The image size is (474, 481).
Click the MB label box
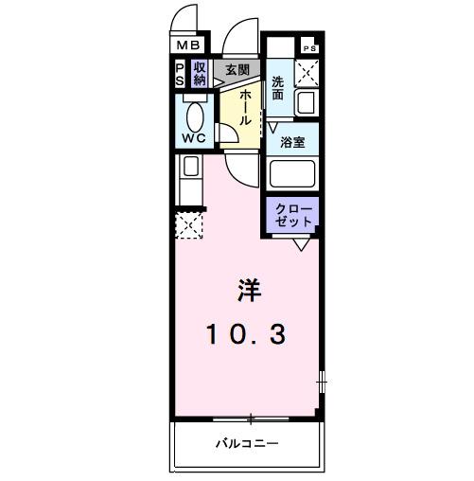point(186,45)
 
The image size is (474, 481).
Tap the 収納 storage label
point(200,74)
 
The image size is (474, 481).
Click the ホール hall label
point(244,107)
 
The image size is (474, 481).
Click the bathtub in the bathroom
point(293,173)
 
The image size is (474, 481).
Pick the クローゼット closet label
point(292,212)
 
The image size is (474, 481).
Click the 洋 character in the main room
point(245,288)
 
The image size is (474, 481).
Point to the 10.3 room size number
point(245,333)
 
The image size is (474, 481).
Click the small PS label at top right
point(308,46)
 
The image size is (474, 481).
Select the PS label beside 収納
point(180,74)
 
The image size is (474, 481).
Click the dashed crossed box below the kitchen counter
point(187,226)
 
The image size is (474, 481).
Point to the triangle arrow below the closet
point(301,243)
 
